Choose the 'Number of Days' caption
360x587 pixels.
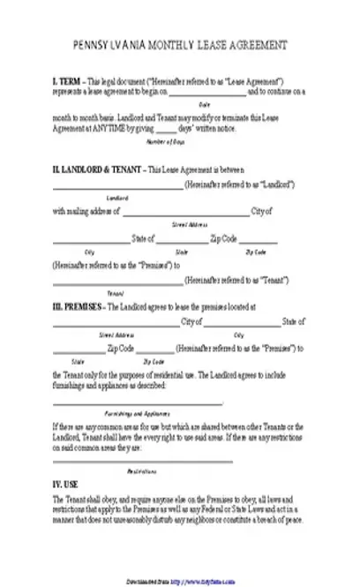[x=162, y=141]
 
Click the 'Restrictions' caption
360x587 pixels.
[x=143, y=470]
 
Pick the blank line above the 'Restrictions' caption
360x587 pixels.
[x=143, y=461]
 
